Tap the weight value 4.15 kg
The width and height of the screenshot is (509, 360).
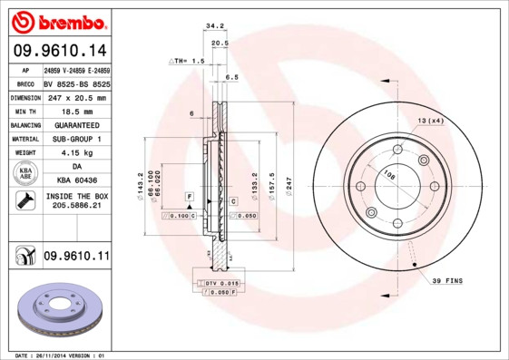pyautogui.click(x=76, y=153)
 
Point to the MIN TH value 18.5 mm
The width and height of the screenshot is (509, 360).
pyautogui.click(x=76, y=110)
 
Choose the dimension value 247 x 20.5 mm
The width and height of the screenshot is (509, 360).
pyautogui.click(x=76, y=97)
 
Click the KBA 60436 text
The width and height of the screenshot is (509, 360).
pyautogui.click(x=76, y=181)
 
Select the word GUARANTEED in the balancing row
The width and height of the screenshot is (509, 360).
pyautogui.click(x=76, y=124)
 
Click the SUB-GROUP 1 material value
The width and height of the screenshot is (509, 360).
pyautogui.click(x=76, y=139)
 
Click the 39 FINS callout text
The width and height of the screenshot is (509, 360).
pyautogui.click(x=446, y=281)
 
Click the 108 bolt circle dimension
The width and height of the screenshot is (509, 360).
pyautogui.click(x=390, y=176)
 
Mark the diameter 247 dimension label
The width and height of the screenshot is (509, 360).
pyautogui.click(x=289, y=184)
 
